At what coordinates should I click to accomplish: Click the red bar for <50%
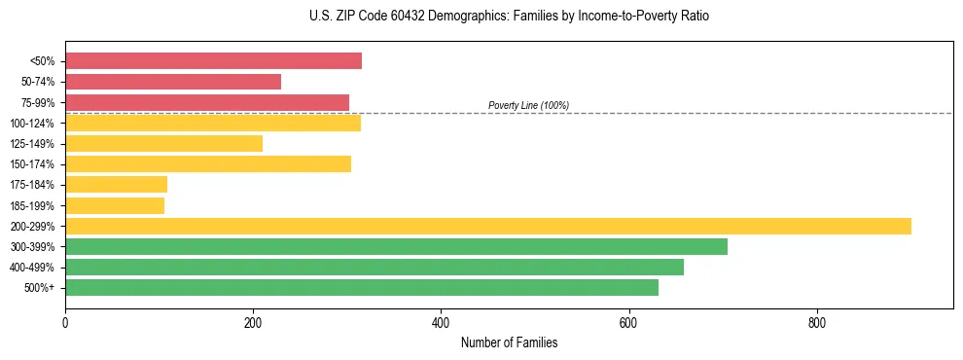click(213, 61)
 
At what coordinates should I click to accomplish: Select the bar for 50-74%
click(173, 82)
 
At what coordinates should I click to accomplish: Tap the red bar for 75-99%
click(207, 102)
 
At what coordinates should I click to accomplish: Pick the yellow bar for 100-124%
click(213, 123)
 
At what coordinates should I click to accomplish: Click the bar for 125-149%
click(163, 144)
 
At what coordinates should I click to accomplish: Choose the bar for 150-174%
click(208, 163)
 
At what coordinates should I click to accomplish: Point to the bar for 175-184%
click(116, 185)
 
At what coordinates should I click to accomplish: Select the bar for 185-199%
click(115, 205)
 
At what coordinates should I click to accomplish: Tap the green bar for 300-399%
click(396, 246)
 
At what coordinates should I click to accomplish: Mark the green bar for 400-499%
click(374, 267)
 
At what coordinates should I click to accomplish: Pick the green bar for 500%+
click(362, 287)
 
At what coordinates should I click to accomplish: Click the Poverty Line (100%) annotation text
click(528, 105)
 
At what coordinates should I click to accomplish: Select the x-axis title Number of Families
click(509, 342)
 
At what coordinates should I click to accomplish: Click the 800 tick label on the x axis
click(816, 322)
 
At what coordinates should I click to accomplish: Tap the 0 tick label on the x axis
click(65, 322)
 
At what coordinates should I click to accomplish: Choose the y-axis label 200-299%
click(32, 227)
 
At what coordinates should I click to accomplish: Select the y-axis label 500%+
click(39, 288)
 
